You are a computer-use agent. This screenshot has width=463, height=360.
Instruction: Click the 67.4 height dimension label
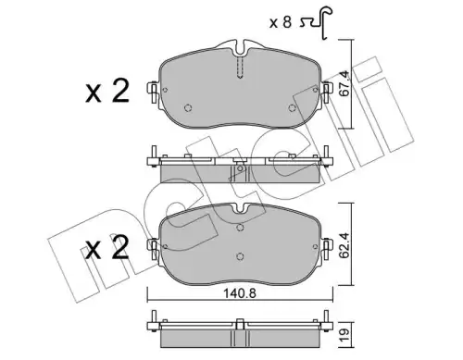coord(344,83)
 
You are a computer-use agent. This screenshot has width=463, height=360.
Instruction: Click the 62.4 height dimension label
coord(345,245)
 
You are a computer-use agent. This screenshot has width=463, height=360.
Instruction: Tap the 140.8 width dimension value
coord(240,293)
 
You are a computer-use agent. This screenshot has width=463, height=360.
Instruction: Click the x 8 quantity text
coord(281,22)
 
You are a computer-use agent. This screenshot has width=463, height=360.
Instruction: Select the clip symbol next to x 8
coord(317,23)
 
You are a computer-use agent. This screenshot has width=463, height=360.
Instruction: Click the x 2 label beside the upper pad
coord(107,91)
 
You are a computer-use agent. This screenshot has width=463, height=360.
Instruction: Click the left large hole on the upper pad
coord(188,107)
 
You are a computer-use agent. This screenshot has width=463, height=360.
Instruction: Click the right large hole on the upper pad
coord(292,107)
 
